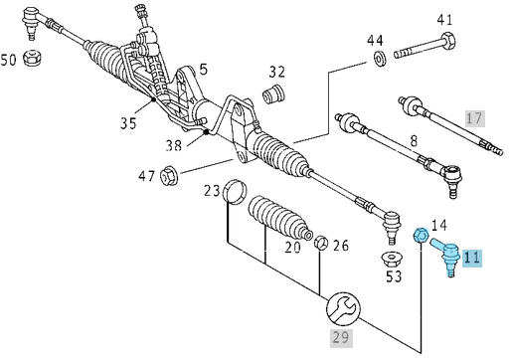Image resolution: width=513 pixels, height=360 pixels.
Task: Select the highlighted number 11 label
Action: [471, 258]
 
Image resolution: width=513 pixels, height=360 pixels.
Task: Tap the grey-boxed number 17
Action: [475, 118]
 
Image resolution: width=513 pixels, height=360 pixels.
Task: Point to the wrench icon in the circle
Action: [344, 307]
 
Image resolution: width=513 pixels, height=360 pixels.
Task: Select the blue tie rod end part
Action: [447, 261]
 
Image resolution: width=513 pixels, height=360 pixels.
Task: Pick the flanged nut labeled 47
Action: [168, 178]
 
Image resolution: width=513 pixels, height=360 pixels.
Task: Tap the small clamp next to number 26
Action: [320, 244]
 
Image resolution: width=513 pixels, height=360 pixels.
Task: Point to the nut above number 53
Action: [394, 261]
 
